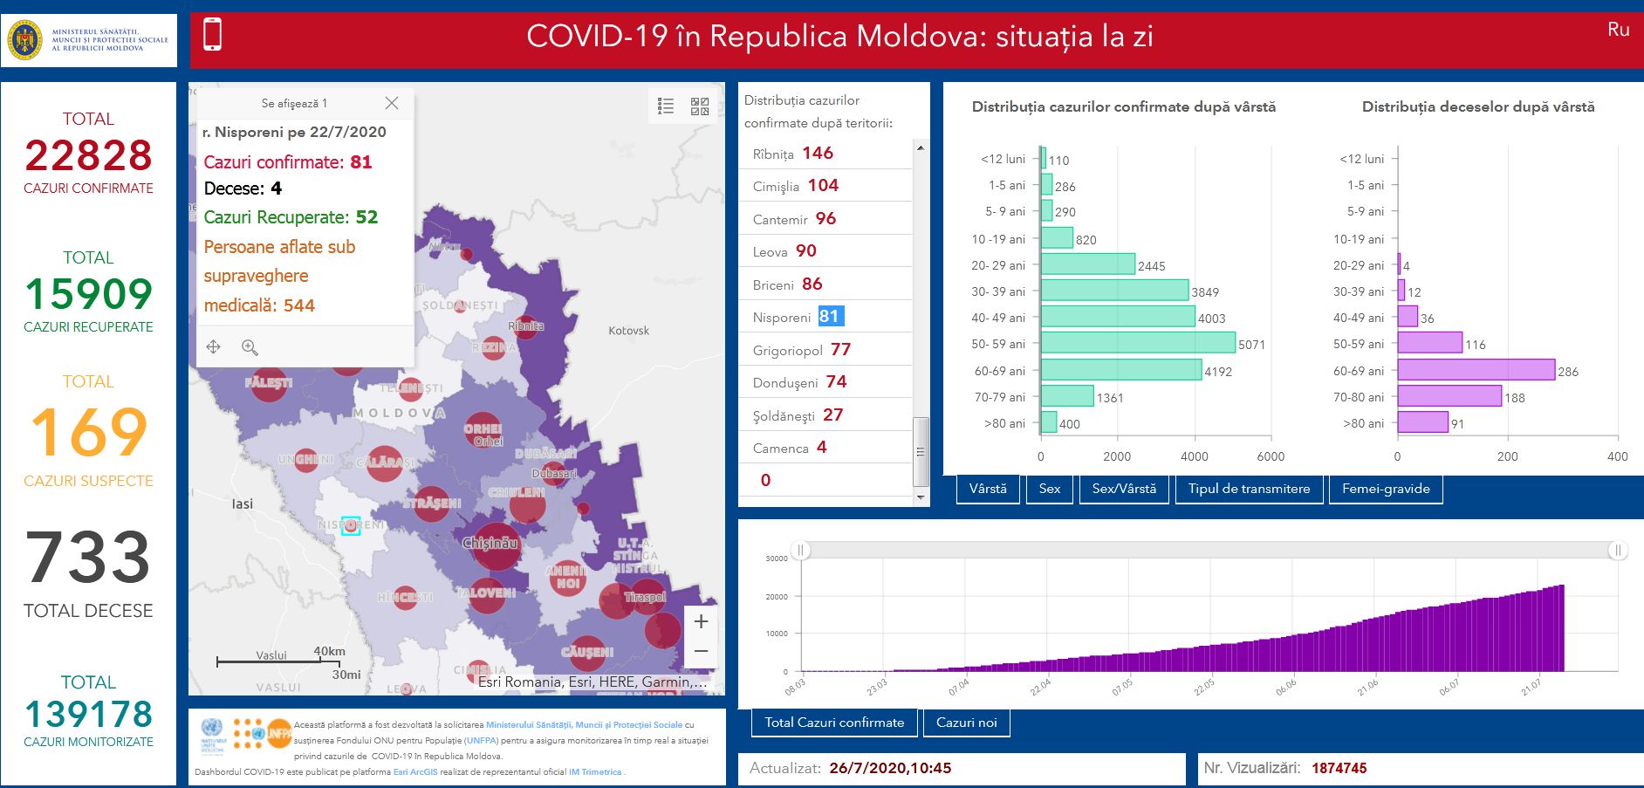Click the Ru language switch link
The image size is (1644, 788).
(1618, 30)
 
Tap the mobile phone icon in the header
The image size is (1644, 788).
(212, 35)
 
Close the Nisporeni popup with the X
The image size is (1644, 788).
(392, 103)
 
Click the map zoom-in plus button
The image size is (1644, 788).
(701, 621)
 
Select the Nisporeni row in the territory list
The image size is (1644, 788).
(798, 317)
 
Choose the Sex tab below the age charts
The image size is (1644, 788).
(1049, 489)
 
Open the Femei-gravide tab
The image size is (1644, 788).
(1385, 489)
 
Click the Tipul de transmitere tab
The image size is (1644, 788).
(1249, 489)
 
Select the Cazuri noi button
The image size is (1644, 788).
(966, 723)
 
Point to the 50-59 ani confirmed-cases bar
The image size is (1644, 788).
(1137, 343)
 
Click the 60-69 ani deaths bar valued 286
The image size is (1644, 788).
(1475, 370)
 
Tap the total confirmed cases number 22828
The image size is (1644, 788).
(88, 156)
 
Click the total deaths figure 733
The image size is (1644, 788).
(88, 558)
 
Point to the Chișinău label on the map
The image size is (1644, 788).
(490, 543)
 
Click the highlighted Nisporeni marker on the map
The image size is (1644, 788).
(351, 525)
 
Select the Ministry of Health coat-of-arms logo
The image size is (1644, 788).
(24, 40)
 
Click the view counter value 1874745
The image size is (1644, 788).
(1339, 768)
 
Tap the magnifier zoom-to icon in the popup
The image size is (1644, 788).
(250, 347)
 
